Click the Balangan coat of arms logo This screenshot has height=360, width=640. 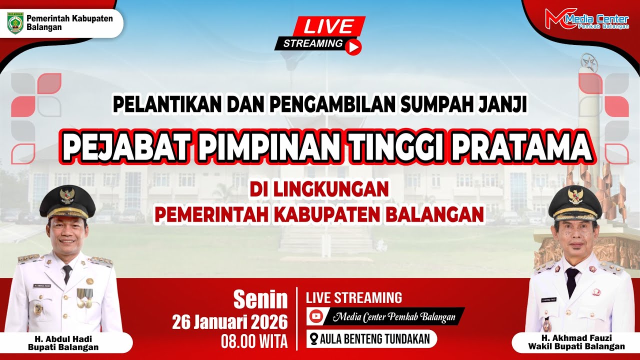pos(14,23)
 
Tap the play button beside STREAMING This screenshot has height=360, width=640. pos(353,47)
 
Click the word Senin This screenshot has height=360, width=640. pos(260,300)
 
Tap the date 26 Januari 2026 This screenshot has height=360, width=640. pos(230,321)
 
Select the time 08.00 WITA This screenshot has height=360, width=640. pos(254,341)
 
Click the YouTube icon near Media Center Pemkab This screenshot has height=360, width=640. pos(316,316)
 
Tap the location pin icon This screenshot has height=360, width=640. pos(313,339)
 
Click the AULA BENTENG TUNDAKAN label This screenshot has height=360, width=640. pos(374,339)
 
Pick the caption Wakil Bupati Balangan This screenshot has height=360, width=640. pos(576,346)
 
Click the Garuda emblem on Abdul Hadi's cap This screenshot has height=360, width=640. pos(66,194)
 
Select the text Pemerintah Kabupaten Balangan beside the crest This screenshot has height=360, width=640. pos(69,22)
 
